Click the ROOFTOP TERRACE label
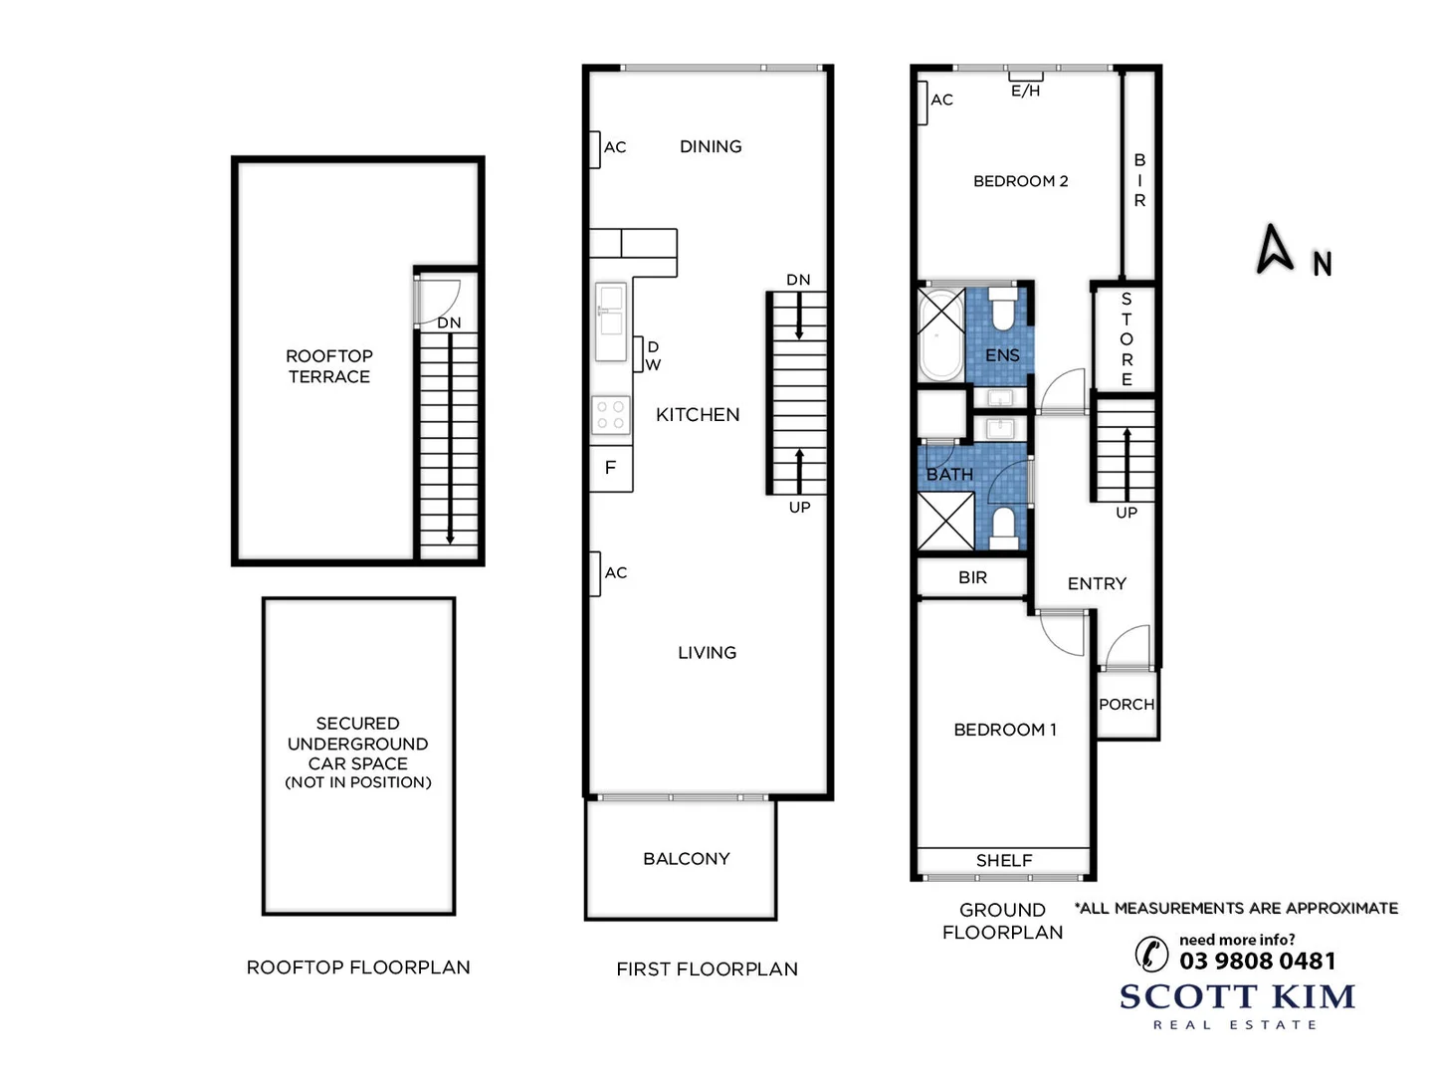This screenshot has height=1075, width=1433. point(328,366)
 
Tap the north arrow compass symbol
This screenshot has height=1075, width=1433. point(1275,249)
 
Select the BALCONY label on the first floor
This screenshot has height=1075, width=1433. point(686,859)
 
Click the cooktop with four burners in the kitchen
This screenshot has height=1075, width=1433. point(611,415)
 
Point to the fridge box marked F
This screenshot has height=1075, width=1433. point(611,468)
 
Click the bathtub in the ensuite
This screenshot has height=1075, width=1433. point(940,333)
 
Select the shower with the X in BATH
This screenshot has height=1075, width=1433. point(944,521)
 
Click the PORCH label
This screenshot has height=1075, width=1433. point(1126,705)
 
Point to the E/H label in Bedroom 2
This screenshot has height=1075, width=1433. point(1025,91)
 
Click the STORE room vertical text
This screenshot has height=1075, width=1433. point(1126,339)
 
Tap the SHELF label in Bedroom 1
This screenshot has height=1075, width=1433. point(1003,860)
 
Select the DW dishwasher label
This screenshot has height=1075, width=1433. point(652,356)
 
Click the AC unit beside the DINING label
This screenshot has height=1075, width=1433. point(595,148)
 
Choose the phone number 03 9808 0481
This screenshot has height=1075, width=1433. point(1257,962)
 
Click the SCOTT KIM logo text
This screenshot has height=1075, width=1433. point(1237,996)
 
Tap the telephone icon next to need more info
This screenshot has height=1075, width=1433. point(1151,954)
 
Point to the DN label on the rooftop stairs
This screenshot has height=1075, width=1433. point(449,323)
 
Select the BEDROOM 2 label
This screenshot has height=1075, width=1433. point(1020,181)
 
